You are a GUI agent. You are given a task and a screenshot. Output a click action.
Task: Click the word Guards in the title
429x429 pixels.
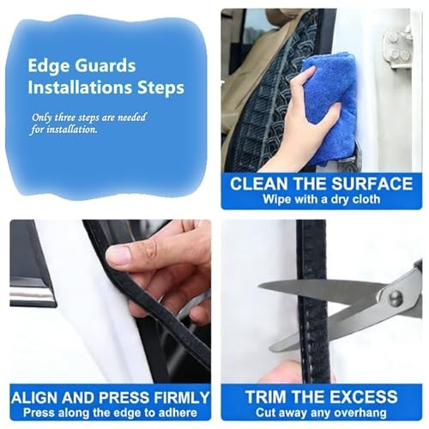(x=105, y=66)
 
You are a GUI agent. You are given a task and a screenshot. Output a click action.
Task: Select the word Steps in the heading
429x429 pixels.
(x=161, y=88)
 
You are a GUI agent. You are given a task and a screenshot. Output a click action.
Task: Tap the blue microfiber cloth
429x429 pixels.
(x=332, y=109)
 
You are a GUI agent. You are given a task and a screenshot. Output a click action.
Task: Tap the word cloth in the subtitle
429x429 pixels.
(x=366, y=199)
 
